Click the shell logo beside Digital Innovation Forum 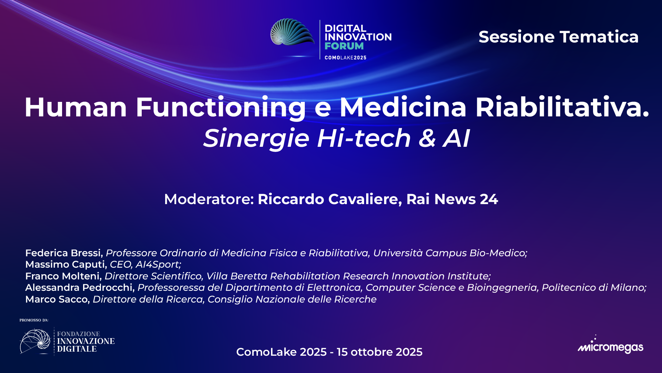click(x=292, y=33)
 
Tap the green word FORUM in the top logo click(x=344, y=46)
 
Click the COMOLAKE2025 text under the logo click(x=345, y=58)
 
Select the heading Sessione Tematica click(x=558, y=37)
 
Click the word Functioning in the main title click(x=221, y=107)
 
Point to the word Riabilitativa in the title click(x=562, y=107)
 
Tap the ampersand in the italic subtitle click(x=428, y=138)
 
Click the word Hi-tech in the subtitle click(x=364, y=138)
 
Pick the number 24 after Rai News click(x=489, y=199)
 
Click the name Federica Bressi click(x=64, y=253)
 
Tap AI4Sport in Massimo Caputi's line click(x=158, y=265)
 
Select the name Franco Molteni click(x=63, y=276)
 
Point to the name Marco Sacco click(x=57, y=299)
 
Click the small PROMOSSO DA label click(x=34, y=320)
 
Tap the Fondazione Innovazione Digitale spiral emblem click(x=35, y=342)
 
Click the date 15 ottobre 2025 click(x=379, y=352)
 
